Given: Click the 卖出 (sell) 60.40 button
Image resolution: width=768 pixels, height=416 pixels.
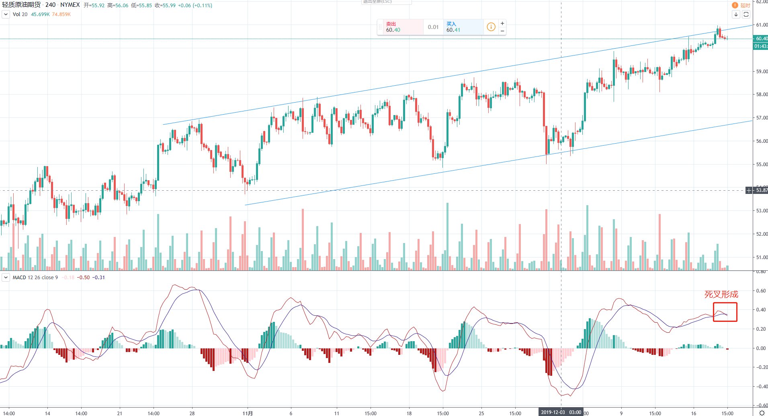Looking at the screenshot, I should click(399, 27).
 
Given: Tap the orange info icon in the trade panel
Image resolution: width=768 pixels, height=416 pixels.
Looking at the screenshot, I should click(491, 27).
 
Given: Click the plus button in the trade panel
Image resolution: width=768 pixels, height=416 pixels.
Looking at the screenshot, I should click(502, 23).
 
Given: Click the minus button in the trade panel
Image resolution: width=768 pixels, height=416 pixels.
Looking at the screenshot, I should click(502, 31).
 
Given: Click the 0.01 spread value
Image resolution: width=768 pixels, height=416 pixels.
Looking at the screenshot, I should click(433, 27).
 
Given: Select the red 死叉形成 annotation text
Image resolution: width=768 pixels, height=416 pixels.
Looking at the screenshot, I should click(721, 294).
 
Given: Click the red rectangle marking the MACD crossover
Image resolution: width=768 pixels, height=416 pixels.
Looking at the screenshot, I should click(725, 312).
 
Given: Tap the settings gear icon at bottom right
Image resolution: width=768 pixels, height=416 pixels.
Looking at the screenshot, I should click(761, 413).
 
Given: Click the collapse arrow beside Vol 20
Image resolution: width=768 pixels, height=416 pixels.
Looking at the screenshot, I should click(6, 14).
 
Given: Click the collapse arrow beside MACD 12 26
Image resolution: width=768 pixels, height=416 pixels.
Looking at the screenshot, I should click(6, 277).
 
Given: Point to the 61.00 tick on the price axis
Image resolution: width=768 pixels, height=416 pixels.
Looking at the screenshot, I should click(762, 25).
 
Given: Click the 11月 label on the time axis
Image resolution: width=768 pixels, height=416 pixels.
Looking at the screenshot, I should click(248, 413).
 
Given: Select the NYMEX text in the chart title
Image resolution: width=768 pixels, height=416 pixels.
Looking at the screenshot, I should click(70, 5).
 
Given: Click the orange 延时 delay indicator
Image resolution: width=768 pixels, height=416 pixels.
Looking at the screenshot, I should click(741, 5).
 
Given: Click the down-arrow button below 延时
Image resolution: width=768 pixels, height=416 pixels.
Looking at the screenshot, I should click(736, 14).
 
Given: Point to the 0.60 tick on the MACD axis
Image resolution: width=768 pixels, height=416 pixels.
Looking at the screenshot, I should click(761, 290).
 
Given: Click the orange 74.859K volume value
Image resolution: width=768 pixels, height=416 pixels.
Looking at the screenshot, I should click(61, 14).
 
